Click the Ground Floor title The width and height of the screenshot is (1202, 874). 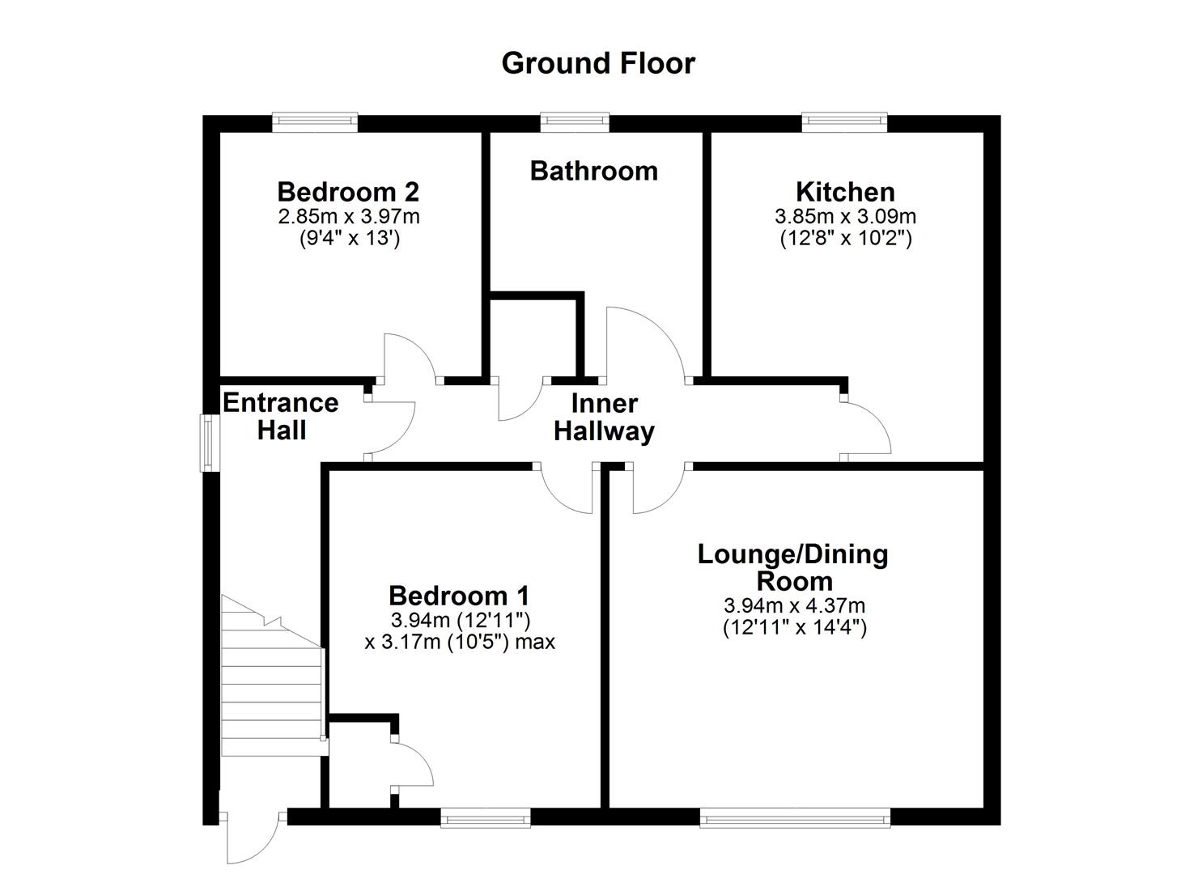[598, 63]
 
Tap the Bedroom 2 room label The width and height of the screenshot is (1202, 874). [348, 192]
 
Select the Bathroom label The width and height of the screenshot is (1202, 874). [593, 171]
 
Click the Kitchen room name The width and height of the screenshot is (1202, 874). [845, 192]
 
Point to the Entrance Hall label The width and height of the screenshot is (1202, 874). [281, 416]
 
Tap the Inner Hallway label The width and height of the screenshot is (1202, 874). [604, 417]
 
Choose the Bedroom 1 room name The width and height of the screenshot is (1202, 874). [459, 596]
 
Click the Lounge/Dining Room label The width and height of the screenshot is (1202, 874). [793, 567]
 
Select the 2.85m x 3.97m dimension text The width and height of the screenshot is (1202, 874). [349, 217]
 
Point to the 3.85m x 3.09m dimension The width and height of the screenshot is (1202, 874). [845, 217]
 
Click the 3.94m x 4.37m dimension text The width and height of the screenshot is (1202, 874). [794, 605]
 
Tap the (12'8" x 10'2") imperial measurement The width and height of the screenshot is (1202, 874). [845, 239]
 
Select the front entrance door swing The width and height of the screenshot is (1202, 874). [253, 838]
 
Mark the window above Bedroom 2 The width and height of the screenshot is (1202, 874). [314, 122]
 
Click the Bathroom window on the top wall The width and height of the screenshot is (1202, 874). [575, 121]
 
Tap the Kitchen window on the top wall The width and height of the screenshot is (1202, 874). [844, 121]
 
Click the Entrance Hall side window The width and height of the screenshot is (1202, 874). [210, 443]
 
